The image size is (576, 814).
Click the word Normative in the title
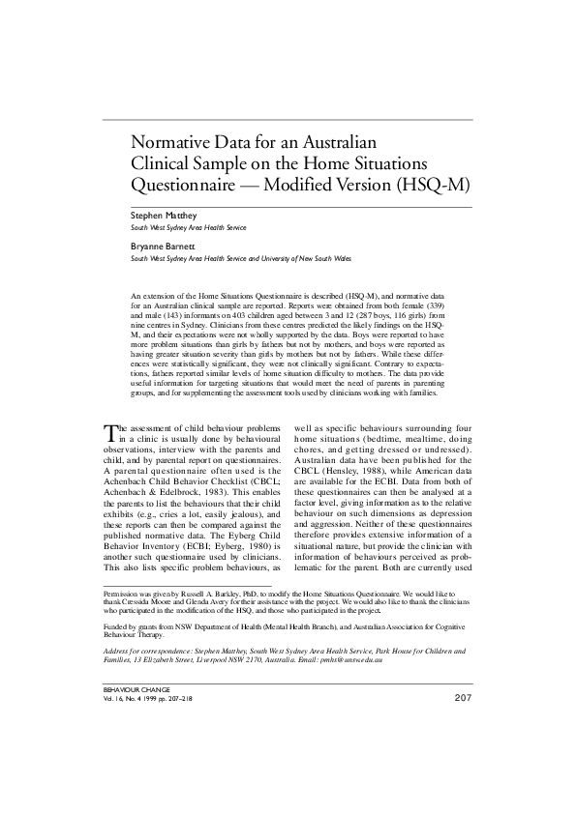pos(172,142)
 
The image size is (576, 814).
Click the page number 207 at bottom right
pos(462,751)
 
